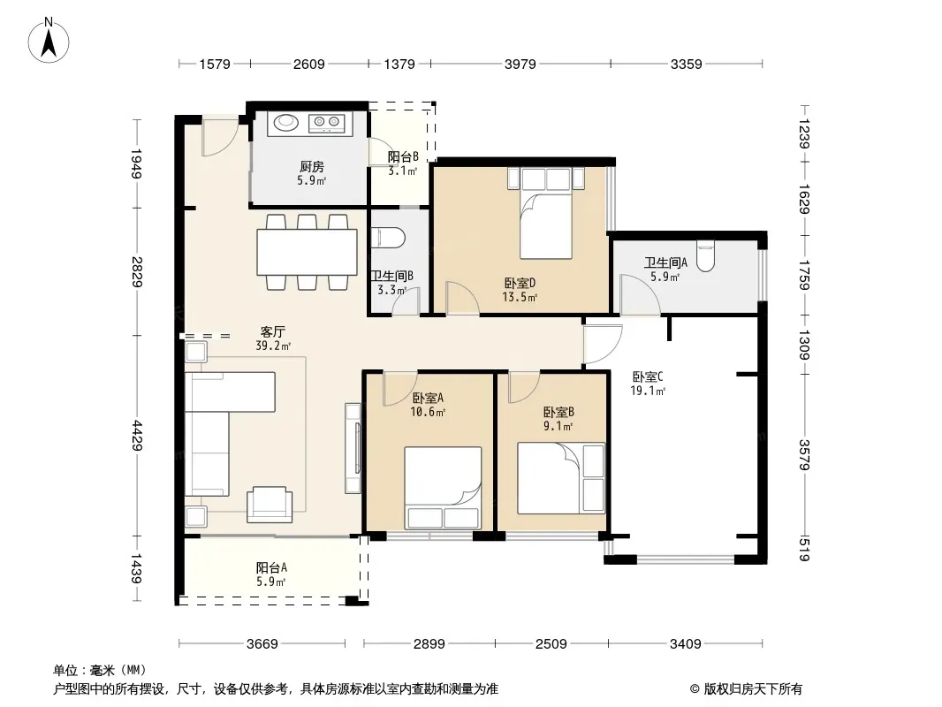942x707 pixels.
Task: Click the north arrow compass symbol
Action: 49,41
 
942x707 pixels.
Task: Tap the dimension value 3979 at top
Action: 520,64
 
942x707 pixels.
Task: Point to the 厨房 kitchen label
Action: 312,166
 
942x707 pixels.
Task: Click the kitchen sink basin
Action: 286,122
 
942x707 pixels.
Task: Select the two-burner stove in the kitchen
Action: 327,123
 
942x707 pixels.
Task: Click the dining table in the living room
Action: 307,252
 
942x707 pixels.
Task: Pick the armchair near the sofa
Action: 270,504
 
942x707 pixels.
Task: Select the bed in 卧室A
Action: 443,488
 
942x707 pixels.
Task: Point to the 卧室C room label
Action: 648,376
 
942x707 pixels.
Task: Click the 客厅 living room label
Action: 273,331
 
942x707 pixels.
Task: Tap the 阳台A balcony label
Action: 271,567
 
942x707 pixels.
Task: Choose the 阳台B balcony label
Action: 402,156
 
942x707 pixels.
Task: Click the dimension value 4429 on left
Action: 138,436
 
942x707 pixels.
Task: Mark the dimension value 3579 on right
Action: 804,455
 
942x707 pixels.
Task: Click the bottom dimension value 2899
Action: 429,644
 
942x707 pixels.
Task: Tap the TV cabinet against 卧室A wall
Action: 353,448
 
